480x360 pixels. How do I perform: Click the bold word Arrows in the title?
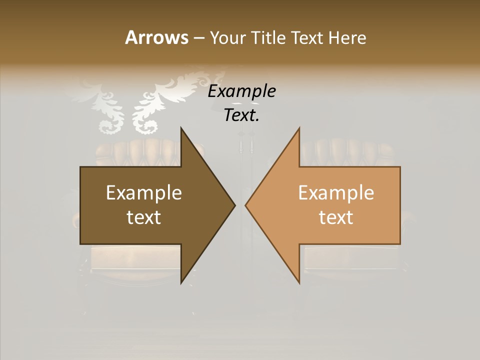(156, 37)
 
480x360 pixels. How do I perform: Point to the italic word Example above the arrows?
(241, 92)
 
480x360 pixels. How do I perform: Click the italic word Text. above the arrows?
(241, 115)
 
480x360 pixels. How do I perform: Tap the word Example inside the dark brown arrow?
(143, 193)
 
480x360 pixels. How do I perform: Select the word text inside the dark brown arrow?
(143, 217)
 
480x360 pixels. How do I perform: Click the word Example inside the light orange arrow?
(336, 193)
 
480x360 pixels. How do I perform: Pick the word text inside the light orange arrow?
(336, 217)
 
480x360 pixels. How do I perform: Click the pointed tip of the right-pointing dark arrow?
(235, 205)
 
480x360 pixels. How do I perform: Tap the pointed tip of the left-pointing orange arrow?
(245, 205)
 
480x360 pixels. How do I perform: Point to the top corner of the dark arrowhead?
(181, 128)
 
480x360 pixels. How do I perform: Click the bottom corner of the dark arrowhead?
(181, 283)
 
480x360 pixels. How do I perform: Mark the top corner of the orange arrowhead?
(299, 128)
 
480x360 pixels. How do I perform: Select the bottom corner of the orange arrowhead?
(299, 283)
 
